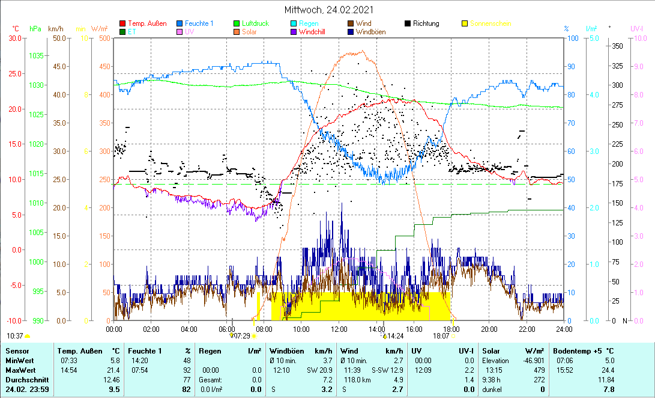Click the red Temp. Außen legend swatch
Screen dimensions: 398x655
123,23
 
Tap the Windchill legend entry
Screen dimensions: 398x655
312,32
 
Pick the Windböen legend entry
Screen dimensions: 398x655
371,32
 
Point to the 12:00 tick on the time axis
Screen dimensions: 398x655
339,328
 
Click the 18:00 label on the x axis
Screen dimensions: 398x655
451,328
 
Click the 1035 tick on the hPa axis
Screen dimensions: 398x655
36,55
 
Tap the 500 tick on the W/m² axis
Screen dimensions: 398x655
104,38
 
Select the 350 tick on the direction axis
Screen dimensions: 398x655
616,46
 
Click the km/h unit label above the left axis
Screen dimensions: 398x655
56,28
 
